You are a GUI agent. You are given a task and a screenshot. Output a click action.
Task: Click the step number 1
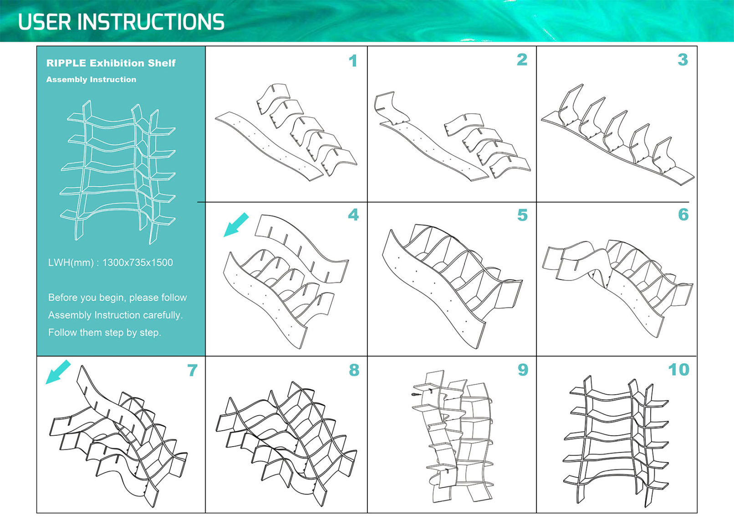[x=353, y=61]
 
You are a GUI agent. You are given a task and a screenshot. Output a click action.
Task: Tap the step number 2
[x=522, y=60]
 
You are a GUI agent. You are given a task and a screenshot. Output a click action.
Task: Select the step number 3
[x=683, y=60]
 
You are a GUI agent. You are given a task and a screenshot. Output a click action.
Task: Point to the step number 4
[x=353, y=215]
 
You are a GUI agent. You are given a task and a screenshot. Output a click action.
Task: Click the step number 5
[x=522, y=215]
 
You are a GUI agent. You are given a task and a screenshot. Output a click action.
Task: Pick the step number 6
[x=683, y=215]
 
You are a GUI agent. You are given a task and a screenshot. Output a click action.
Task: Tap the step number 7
[x=193, y=371]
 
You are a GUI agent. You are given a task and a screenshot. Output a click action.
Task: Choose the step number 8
[x=354, y=370]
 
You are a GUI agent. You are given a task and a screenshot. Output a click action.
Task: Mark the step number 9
[x=523, y=370]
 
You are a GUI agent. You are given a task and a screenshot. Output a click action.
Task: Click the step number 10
[x=678, y=370]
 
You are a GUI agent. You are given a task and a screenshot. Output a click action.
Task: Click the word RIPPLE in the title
[x=66, y=63]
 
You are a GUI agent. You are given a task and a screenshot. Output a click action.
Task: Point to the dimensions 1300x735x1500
[x=138, y=263]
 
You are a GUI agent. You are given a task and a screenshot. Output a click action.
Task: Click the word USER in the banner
[x=45, y=22]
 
